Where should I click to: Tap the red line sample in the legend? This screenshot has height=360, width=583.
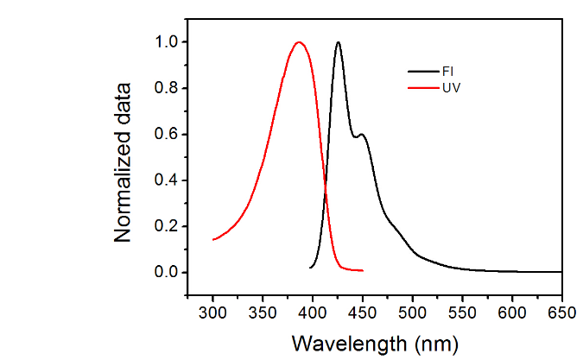click(421, 88)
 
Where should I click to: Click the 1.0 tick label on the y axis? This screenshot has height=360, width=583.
click(168, 42)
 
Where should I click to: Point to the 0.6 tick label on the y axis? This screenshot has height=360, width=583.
click(168, 135)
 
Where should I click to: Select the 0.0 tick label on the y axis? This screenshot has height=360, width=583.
click(168, 273)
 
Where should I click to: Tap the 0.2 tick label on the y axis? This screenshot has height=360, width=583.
click(168, 227)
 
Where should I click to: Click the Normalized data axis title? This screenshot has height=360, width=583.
click(125, 162)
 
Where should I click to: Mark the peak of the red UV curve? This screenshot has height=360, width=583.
click(300, 42)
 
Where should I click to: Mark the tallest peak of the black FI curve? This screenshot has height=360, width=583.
click(338, 42)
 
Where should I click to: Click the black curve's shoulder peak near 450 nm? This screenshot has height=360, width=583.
click(363, 135)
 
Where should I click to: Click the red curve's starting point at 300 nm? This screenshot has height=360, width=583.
click(213, 239)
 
